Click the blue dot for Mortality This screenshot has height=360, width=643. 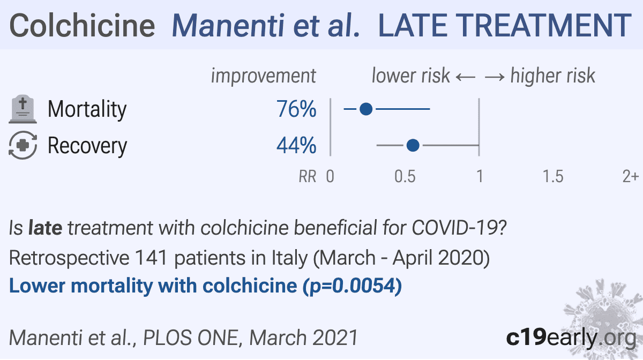coord(366,109)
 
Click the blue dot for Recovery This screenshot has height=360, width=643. coord(413,145)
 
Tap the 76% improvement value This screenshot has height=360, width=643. coord(296,109)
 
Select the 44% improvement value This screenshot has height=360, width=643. coord(296,145)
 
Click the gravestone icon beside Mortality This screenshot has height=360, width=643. coord(23,109)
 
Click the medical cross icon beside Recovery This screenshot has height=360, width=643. coord(23,145)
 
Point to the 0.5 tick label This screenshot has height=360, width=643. coord(405,176)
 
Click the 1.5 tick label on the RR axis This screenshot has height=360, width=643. coord(553,176)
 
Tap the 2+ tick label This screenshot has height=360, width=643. coord(630,176)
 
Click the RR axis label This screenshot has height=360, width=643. coord(308,176)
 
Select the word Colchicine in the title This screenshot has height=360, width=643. coord(82,26)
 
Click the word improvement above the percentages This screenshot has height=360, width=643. coord(264,76)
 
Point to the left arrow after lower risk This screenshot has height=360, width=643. coord(466,77)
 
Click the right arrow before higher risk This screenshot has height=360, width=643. coord(495,77)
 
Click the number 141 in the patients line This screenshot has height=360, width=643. coord(151,257)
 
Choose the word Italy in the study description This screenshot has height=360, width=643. coord(290,258)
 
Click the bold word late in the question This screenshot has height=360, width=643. coord(46,228)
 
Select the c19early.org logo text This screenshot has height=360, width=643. coord(571,337)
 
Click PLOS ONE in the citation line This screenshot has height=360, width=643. coord(191,337)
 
